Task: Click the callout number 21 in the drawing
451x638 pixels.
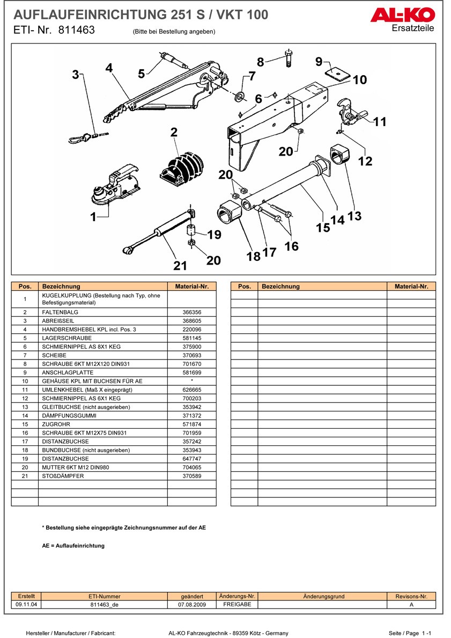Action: pos(180,265)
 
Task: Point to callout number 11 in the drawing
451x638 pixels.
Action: pos(380,122)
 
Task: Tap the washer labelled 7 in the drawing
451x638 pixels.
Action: pos(240,96)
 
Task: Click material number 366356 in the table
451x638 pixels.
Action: pos(191,312)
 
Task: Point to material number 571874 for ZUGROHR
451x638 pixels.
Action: pos(191,424)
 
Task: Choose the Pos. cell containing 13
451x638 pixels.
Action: pos(25,407)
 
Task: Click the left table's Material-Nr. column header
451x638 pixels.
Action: pos(191,287)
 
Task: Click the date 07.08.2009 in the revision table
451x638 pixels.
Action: pos(192,604)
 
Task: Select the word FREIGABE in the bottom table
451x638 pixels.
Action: pos(237,604)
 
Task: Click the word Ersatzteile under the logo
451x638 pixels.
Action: pos(413,28)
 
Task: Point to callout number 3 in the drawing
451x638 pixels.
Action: pos(76,75)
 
